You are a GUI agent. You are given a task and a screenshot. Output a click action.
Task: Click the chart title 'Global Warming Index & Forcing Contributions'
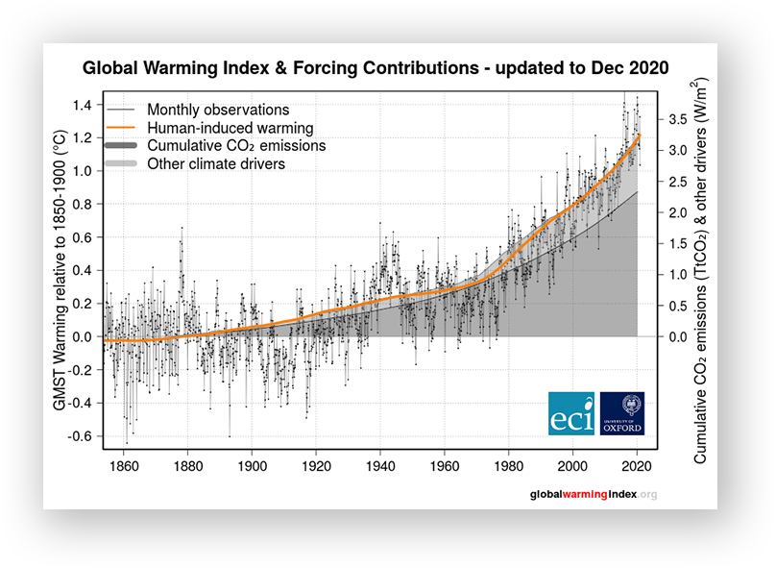point(280,68)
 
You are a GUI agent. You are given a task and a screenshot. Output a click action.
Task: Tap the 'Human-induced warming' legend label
point(230,128)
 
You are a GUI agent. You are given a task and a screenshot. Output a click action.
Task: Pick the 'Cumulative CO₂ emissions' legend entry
point(236,145)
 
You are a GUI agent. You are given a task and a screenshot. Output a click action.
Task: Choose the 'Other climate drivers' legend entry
point(216,164)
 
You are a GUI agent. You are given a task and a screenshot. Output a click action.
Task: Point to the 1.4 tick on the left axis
point(83,105)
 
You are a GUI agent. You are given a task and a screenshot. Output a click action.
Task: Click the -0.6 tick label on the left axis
point(80,436)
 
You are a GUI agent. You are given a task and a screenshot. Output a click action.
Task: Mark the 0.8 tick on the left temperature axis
point(83,204)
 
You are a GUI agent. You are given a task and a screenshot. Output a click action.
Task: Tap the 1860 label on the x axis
point(124,466)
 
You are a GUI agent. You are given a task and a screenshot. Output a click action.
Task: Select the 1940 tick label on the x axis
point(380,466)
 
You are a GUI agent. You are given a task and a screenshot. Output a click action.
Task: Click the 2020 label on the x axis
point(637,466)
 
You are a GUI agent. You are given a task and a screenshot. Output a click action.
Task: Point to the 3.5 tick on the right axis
point(677,119)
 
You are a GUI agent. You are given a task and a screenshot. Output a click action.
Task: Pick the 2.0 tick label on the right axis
point(677,212)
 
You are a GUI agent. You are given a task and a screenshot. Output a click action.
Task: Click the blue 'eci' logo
point(571,413)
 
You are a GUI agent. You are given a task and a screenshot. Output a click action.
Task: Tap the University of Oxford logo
point(622,413)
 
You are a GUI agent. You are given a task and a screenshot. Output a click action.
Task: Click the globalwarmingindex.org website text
point(594,494)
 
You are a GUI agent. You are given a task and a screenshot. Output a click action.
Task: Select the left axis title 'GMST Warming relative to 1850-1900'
point(60,270)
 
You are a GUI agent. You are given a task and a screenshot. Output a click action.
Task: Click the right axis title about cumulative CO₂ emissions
point(699,270)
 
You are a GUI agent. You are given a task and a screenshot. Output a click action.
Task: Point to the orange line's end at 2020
point(640,135)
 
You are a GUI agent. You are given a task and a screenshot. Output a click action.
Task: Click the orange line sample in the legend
point(121,127)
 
